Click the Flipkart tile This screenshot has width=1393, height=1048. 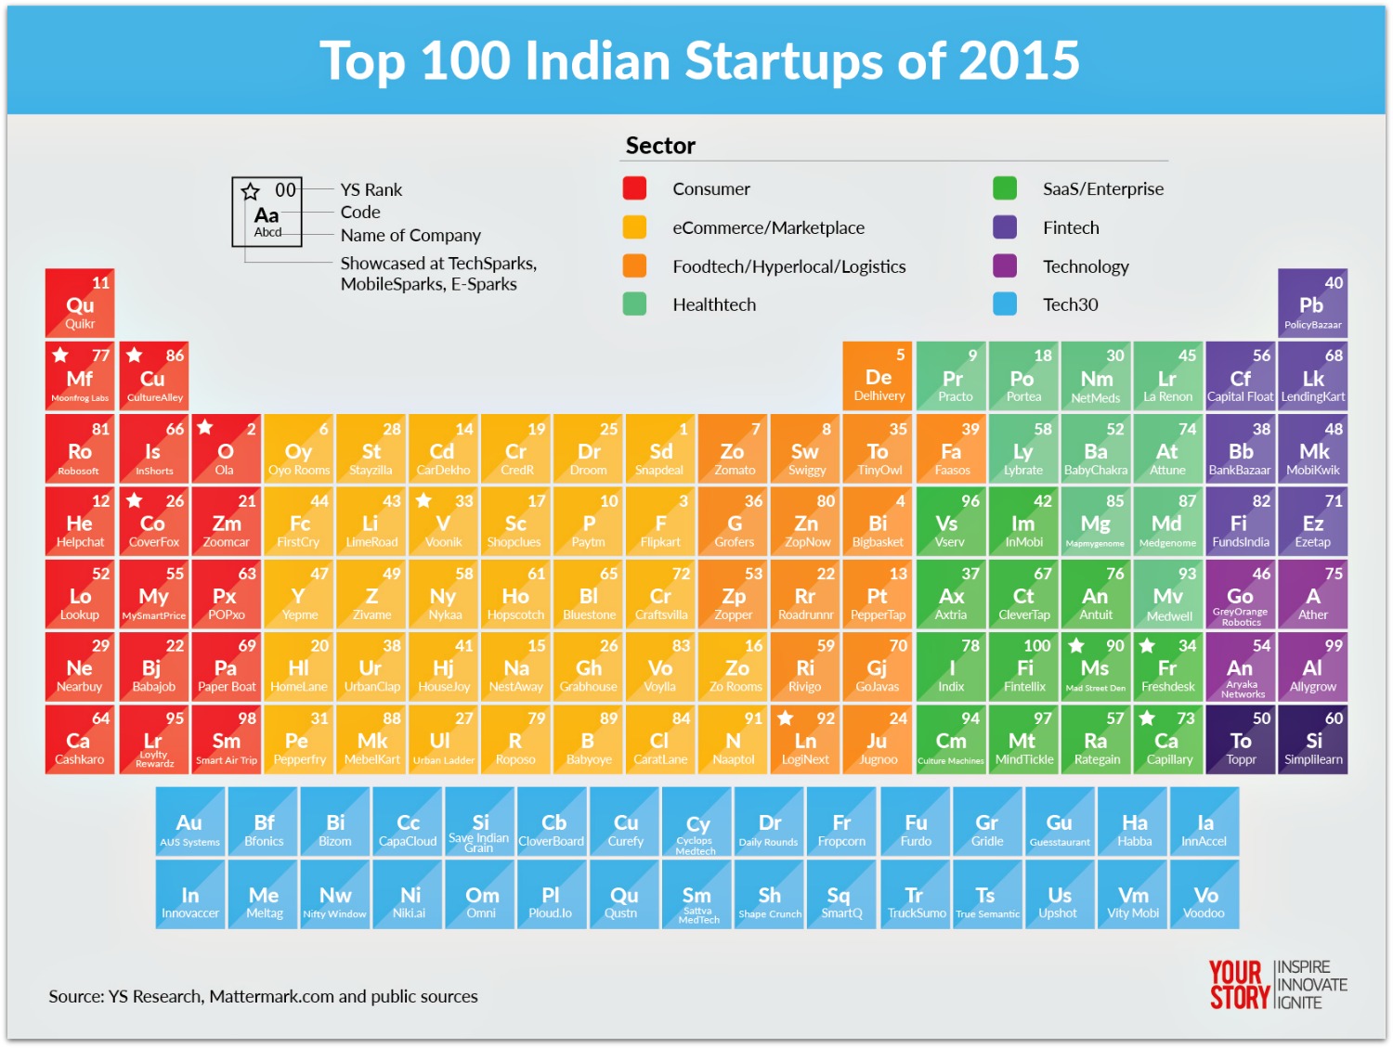660,522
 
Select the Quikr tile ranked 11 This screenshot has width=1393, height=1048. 80,304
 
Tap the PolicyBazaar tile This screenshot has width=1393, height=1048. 1312,304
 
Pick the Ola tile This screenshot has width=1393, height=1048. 225,449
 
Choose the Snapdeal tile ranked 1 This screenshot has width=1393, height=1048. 660,449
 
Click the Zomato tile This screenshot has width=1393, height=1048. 734,449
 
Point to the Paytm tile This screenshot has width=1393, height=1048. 588,522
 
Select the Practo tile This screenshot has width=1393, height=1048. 951,377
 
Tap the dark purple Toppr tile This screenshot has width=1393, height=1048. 1241,740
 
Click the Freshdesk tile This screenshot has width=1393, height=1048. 1167,667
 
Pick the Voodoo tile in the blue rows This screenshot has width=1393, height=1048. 1204,895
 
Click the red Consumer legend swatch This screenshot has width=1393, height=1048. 634,188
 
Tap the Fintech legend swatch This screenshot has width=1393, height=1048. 1005,227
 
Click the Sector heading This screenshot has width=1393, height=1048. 660,146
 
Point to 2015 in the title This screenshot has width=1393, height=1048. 1019,61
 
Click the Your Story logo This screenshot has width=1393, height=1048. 1277,985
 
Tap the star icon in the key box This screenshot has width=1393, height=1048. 251,192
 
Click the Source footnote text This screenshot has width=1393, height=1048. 263,997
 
